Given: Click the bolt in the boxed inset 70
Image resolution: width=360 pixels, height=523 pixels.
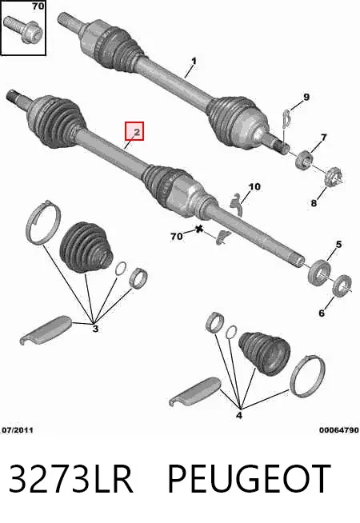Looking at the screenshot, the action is [24, 29].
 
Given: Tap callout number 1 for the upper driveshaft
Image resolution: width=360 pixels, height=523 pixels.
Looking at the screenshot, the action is [194, 62].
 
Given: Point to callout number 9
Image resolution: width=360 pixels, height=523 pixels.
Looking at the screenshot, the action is [306, 97].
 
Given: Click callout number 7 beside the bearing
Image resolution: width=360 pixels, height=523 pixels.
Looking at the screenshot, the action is [323, 137].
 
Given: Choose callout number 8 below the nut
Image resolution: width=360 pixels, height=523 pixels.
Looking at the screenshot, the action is [314, 202].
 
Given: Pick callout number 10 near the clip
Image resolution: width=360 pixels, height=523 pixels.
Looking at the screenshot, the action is [254, 186].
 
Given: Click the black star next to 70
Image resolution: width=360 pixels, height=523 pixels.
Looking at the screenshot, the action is [199, 230].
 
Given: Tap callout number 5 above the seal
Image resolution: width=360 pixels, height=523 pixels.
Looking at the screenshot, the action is [338, 245].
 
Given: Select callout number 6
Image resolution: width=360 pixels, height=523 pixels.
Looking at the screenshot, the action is [322, 313].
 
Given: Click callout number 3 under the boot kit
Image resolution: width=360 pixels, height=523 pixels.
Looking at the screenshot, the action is [95, 329].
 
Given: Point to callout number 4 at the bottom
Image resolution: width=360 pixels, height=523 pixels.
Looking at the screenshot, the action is [239, 416].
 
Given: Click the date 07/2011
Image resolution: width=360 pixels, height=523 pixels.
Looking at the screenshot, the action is [18, 430].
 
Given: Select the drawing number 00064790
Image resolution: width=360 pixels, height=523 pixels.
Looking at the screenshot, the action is [339, 430].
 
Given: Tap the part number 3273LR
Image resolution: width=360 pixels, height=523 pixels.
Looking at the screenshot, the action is [70, 478].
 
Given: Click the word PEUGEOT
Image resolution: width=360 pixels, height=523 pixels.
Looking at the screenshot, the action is [250, 478].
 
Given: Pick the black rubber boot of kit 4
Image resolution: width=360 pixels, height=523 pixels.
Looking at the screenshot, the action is [264, 353].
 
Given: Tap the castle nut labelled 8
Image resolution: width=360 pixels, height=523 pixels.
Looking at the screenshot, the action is [334, 178].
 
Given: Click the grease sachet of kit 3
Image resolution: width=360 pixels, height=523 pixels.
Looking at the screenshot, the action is [46, 330].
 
